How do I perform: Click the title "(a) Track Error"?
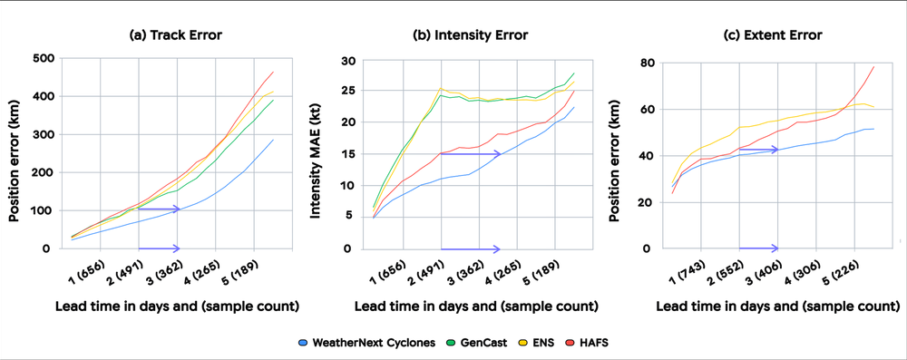pos(175,35)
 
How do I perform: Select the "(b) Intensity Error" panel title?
pos(470,35)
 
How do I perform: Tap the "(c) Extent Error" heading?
pos(772,35)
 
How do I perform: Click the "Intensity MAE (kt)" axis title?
pos(317,153)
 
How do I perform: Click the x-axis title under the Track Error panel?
pos(177,306)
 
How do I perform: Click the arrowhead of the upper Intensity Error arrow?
pos(497,154)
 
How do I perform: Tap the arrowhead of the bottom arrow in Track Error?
pos(177,248)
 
